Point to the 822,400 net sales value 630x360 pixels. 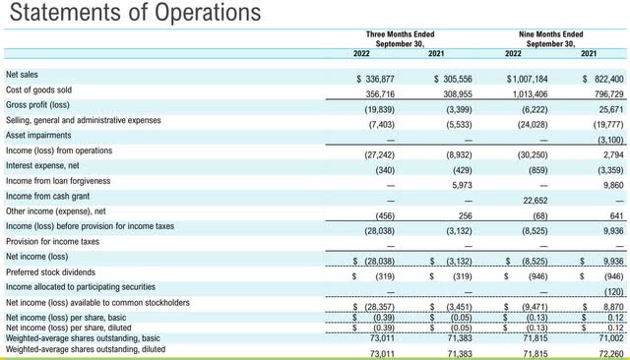pos(603,76)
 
